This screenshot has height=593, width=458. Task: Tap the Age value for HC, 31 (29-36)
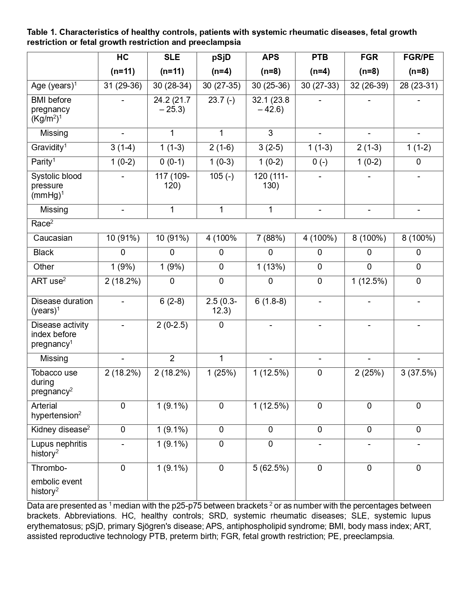point(123,86)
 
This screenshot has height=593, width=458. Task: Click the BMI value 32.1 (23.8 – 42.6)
point(270,105)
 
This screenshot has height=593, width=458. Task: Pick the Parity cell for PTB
point(320,162)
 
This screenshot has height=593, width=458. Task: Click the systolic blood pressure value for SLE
point(172,181)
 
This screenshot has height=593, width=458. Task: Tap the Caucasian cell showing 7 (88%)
point(270,238)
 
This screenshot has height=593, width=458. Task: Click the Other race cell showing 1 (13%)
point(270,267)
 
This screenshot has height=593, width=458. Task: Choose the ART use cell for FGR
point(369,281)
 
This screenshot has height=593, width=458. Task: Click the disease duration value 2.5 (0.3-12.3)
point(221,306)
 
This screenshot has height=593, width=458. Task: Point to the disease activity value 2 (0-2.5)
point(172,325)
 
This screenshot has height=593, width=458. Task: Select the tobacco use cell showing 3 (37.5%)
point(418,373)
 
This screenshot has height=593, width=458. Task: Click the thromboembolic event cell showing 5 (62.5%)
point(270,468)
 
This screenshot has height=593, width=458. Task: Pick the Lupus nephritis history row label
point(59,449)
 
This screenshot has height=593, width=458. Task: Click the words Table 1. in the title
point(42,32)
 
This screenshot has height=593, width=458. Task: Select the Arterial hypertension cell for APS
point(270,406)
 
